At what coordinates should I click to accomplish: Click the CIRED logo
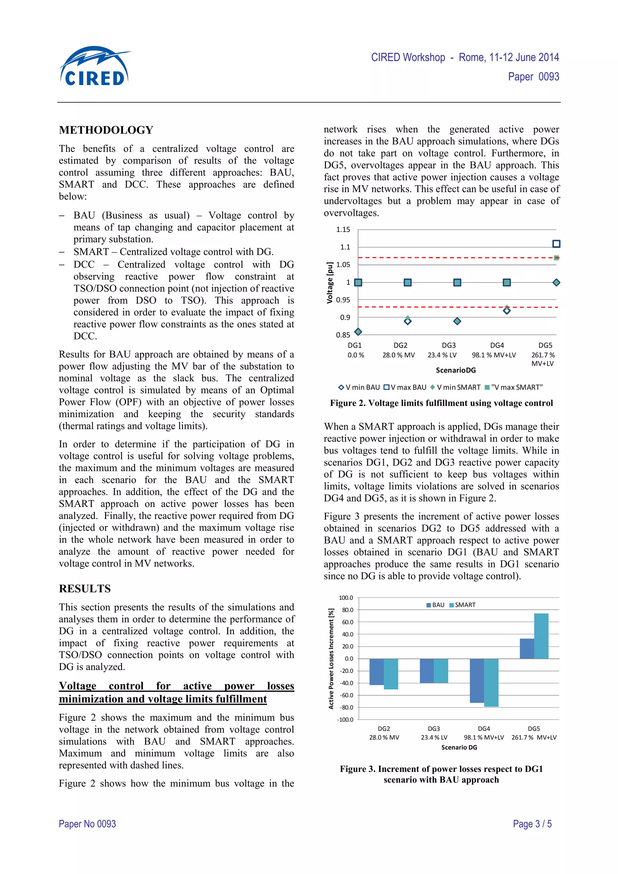[94, 67]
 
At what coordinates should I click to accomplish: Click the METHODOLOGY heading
[106, 130]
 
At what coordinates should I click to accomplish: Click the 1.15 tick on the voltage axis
[343, 230]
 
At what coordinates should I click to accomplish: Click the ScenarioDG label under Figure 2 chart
[455, 370]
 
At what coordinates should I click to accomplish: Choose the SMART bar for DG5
[541, 636]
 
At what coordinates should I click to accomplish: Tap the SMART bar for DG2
[391, 674]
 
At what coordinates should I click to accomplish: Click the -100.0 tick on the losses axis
[345, 720]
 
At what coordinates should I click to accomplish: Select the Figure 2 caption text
[441, 403]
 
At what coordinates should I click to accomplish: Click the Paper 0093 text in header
[534, 77]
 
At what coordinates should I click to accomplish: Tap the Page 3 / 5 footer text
[532, 824]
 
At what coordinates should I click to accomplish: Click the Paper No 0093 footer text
[87, 824]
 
